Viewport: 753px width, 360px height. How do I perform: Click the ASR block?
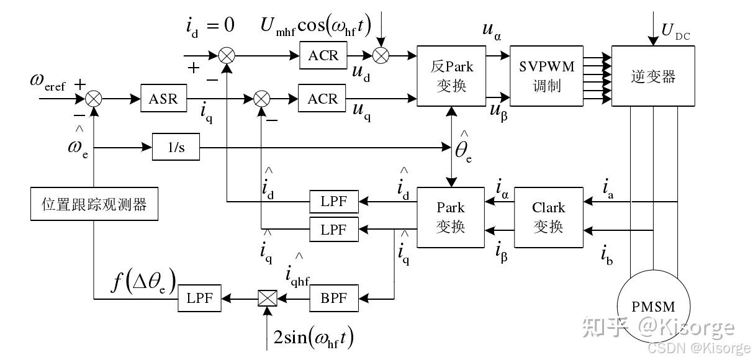(163, 98)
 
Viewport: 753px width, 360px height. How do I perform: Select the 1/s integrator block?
(176, 148)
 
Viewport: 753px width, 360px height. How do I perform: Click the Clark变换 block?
(549, 217)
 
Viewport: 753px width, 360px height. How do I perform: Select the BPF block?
(334, 299)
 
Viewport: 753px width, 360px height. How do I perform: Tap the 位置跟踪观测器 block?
(94, 204)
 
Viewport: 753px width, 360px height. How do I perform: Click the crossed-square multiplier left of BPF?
(267, 299)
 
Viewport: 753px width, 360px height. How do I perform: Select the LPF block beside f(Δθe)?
(200, 299)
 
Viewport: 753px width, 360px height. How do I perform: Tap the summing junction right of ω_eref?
(94, 98)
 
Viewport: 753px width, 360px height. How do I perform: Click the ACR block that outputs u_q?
(323, 99)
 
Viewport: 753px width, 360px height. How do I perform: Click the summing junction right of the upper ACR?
(381, 55)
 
